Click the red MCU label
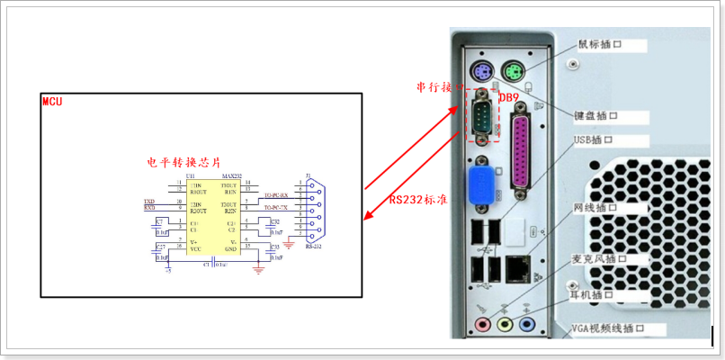click(52, 101)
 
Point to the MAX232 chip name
click(231, 176)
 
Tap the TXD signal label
click(149, 201)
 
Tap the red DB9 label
click(509, 96)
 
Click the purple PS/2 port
click(482, 73)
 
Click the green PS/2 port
click(513, 71)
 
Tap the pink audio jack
click(484, 323)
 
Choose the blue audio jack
click(527, 323)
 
